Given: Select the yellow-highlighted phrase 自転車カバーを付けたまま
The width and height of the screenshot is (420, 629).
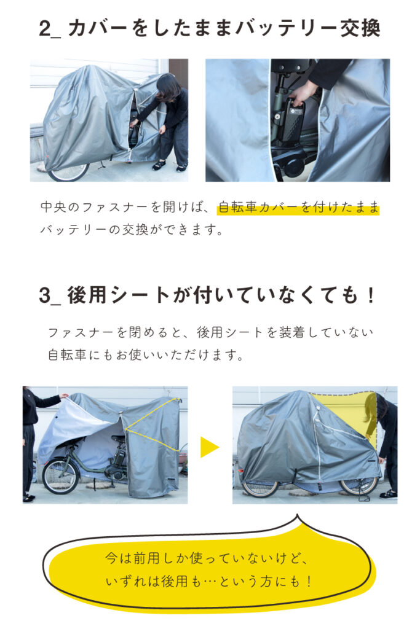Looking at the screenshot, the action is [298, 207].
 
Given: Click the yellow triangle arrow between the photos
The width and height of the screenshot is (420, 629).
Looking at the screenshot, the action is [210, 447].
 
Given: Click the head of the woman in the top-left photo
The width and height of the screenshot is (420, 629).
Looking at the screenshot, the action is [167, 86].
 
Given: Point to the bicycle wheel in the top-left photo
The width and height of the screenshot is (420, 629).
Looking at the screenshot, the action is [68, 172].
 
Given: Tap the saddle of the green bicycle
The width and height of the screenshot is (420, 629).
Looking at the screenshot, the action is [118, 438].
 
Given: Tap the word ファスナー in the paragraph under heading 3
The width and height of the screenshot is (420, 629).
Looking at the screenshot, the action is [81, 332].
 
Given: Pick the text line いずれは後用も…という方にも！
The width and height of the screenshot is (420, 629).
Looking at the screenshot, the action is [209, 581].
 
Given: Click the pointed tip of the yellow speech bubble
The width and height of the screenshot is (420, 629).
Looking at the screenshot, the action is [297, 515].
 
